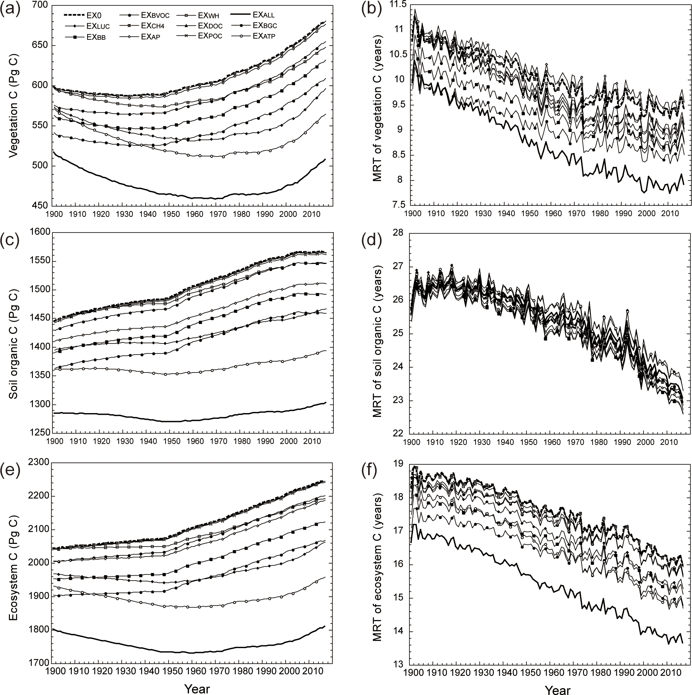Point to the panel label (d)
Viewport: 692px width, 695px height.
[370, 243]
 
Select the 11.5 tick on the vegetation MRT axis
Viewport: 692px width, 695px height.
[396, 5]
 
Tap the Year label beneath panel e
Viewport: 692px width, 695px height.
[197, 688]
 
